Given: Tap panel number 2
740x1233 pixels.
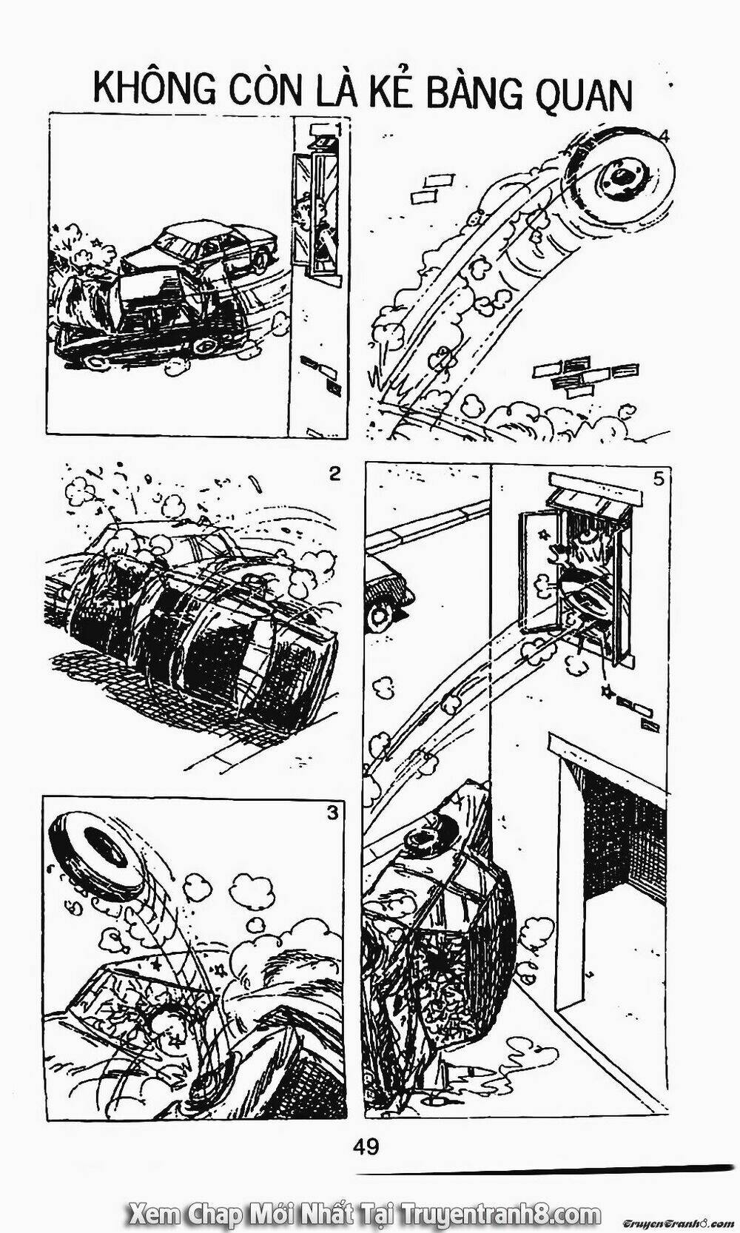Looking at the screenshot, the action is tap(334, 474).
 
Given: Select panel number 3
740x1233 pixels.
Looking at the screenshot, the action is tap(332, 813).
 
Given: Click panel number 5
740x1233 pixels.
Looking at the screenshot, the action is tap(659, 479).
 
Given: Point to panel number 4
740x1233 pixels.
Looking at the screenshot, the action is tap(664, 138).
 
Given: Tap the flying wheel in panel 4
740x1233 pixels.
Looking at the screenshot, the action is tap(622, 176).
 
